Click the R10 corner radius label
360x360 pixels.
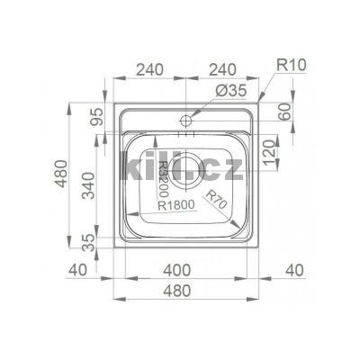pos(291,65)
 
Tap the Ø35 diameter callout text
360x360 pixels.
pos(230,90)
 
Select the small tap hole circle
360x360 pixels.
pos(186,121)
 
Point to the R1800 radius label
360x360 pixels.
pos(176,205)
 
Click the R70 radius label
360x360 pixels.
pos(215,200)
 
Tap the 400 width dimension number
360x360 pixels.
pos(176,270)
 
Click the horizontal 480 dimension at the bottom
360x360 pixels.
pos(176,291)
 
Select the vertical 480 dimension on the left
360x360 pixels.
pos(62,174)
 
